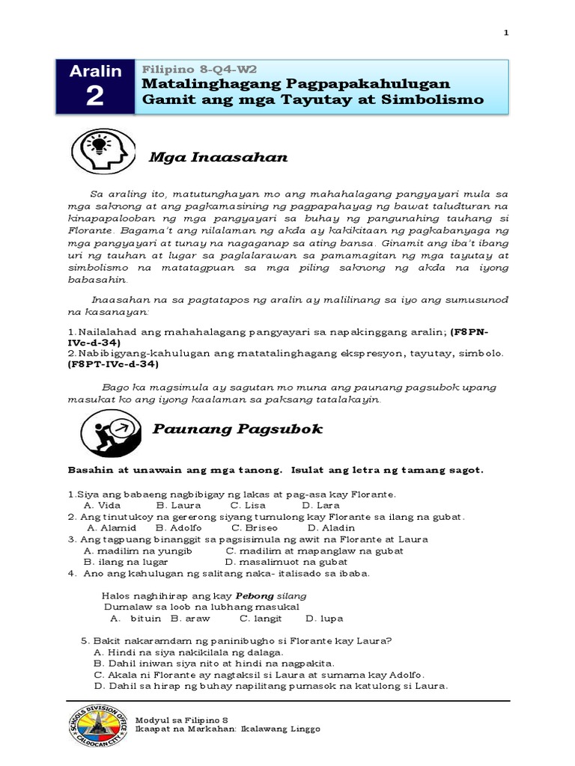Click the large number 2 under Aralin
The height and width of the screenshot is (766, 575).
pos(95,97)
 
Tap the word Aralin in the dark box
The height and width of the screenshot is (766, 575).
pos(95,72)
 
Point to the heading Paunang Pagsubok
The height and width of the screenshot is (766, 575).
pos(237,429)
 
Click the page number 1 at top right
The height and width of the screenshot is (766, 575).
pos(506,33)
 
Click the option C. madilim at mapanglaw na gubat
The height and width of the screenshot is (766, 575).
pos(314,551)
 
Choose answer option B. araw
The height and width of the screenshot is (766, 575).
pos(191,619)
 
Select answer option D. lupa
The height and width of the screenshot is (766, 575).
pos(324,619)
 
